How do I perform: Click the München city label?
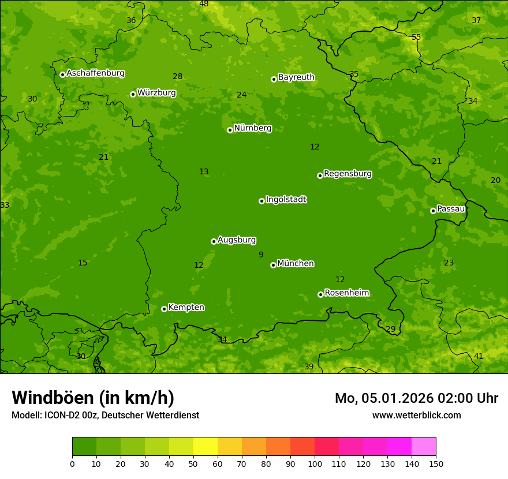[295, 264]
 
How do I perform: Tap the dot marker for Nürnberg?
[230, 130]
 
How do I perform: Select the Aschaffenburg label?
[95, 73]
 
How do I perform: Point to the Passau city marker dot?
[433, 211]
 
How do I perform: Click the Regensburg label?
[348, 174]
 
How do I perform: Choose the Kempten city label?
[186, 308]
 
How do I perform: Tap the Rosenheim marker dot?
[320, 294]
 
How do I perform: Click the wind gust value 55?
[416, 38]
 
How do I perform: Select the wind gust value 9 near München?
[261, 255]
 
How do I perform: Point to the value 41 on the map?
[478, 356]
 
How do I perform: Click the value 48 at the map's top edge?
[204, 4]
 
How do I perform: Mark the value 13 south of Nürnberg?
[204, 171]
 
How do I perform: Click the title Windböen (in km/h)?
[93, 398]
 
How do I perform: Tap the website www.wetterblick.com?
[416, 415]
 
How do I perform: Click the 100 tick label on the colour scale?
[315, 463]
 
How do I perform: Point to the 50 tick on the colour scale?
[193, 463]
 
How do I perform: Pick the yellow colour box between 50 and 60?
[206, 447]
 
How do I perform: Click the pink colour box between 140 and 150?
[424, 447]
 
